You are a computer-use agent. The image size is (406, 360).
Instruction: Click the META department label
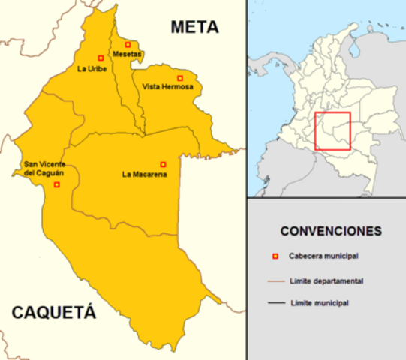tap(194, 28)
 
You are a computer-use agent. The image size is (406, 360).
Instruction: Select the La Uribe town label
tap(92, 69)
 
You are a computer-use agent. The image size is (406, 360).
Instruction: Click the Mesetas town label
tap(127, 55)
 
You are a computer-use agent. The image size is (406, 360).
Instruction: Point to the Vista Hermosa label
tap(167, 87)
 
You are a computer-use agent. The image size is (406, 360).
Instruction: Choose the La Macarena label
tap(144, 175)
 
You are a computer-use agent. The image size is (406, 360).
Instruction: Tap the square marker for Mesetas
tap(128, 44)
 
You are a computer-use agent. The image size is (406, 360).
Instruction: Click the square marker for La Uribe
tap(101, 58)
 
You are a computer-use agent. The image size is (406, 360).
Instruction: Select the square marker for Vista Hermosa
tap(179, 78)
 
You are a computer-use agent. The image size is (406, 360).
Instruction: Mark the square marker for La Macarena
tap(163, 164)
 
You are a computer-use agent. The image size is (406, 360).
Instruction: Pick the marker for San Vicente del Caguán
tap(56, 184)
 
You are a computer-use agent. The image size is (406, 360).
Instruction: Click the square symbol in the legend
tap(275, 256)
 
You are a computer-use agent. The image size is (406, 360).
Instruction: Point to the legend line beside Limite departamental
tap(275, 281)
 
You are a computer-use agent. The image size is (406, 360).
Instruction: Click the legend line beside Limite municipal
tap(275, 304)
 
